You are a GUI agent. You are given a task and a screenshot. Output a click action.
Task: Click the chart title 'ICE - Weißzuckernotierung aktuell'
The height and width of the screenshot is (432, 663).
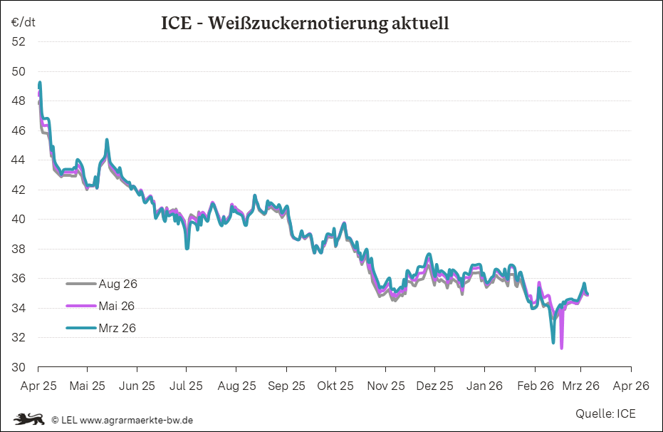305,24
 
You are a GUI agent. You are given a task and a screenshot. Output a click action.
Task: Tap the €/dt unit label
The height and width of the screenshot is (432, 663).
24,22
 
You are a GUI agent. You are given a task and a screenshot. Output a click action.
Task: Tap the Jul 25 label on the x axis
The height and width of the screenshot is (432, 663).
187,386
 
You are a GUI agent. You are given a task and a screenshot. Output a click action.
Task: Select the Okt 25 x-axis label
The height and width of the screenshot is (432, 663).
335,386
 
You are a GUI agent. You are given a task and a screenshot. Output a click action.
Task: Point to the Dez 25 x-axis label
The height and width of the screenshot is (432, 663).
434,386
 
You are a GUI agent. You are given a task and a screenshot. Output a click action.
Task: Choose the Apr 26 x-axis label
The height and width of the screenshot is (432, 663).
631,386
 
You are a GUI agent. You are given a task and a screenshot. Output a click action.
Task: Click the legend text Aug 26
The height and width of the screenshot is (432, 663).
118,284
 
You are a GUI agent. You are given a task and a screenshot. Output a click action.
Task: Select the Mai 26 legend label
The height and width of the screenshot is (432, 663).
117,306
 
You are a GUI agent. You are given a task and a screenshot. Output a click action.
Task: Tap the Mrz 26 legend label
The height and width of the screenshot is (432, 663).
117,328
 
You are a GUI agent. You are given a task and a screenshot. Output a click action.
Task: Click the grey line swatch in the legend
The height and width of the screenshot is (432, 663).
80,284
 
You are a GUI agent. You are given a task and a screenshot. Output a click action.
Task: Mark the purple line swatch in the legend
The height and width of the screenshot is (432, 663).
80,306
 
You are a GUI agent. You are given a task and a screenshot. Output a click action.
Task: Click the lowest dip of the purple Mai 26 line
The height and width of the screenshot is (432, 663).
562,348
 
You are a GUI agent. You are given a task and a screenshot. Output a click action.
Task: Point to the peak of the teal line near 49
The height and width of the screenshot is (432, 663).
40,83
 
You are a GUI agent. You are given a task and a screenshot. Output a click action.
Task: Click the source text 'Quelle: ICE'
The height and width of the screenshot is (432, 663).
605,413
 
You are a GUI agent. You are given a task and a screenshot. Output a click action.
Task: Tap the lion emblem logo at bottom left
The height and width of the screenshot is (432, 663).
28,418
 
